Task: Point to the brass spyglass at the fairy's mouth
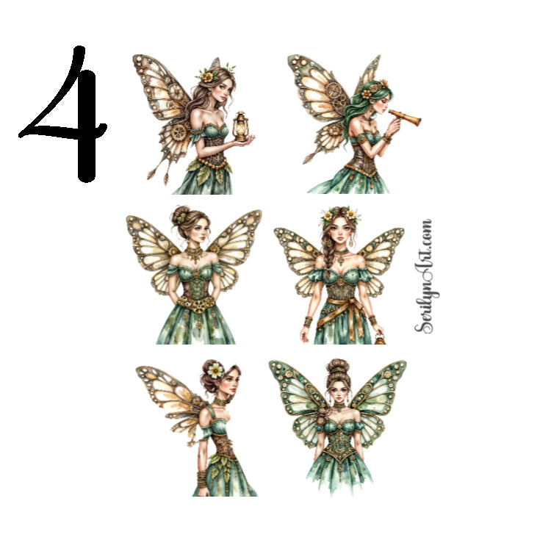pyautogui.click(x=403, y=115)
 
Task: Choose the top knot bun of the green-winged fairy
pyautogui.click(x=338, y=365)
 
